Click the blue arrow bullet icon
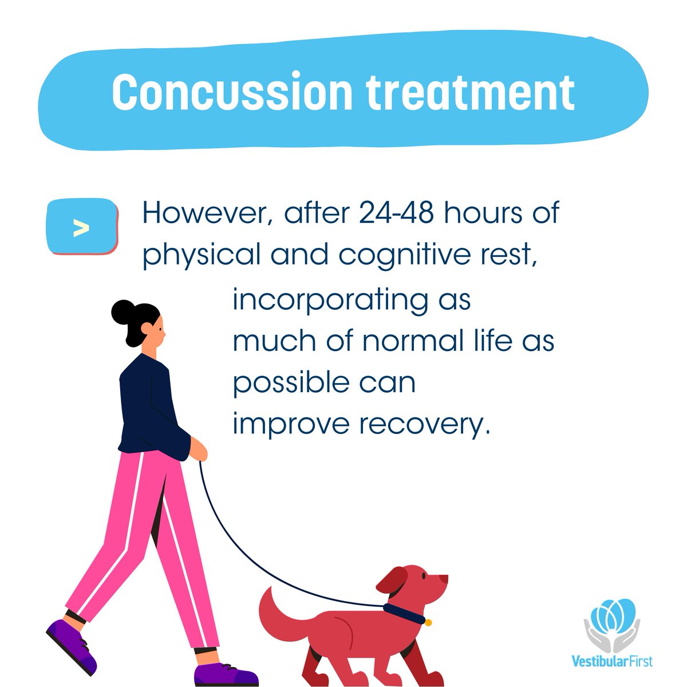coord(82,227)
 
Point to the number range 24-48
coord(397,213)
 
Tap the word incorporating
coord(330,301)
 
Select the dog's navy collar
coord(404,613)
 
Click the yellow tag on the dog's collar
coord(428,622)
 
